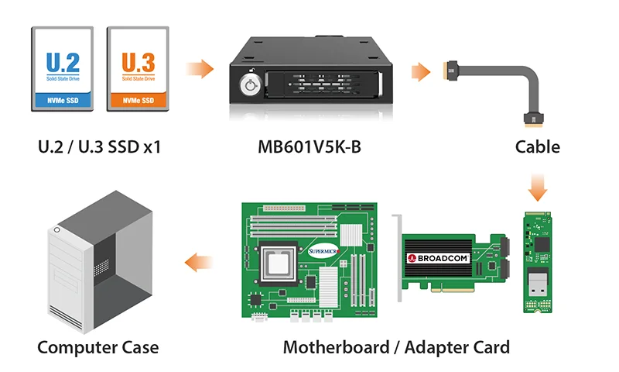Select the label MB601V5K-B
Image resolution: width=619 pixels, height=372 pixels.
(x=309, y=146)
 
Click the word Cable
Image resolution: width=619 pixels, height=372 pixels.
(x=538, y=146)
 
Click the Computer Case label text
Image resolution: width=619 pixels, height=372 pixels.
(x=98, y=347)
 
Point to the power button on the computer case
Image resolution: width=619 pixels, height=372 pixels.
(x=56, y=230)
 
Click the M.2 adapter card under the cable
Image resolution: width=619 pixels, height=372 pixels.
(x=539, y=261)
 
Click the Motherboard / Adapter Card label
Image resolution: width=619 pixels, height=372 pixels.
(x=396, y=347)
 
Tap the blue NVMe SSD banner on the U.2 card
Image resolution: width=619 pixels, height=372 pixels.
(x=63, y=100)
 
